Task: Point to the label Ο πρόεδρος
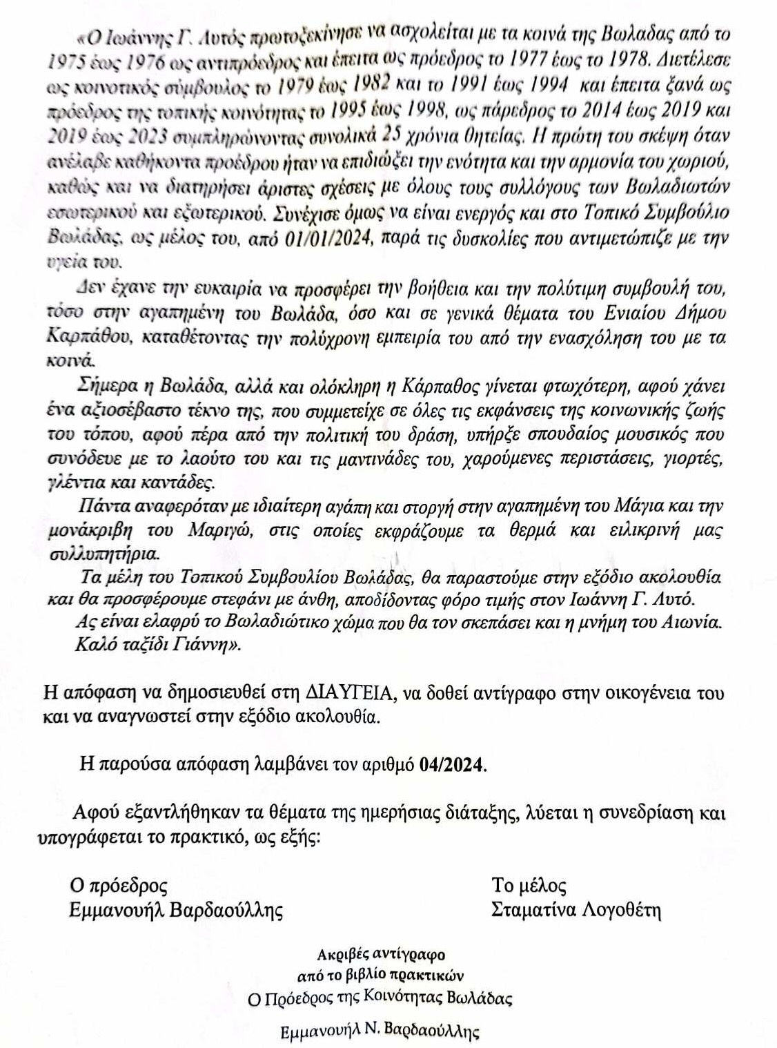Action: (119, 886)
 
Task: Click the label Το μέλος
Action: (529, 886)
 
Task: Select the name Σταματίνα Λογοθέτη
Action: (576, 911)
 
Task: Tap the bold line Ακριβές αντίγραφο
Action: (381, 955)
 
